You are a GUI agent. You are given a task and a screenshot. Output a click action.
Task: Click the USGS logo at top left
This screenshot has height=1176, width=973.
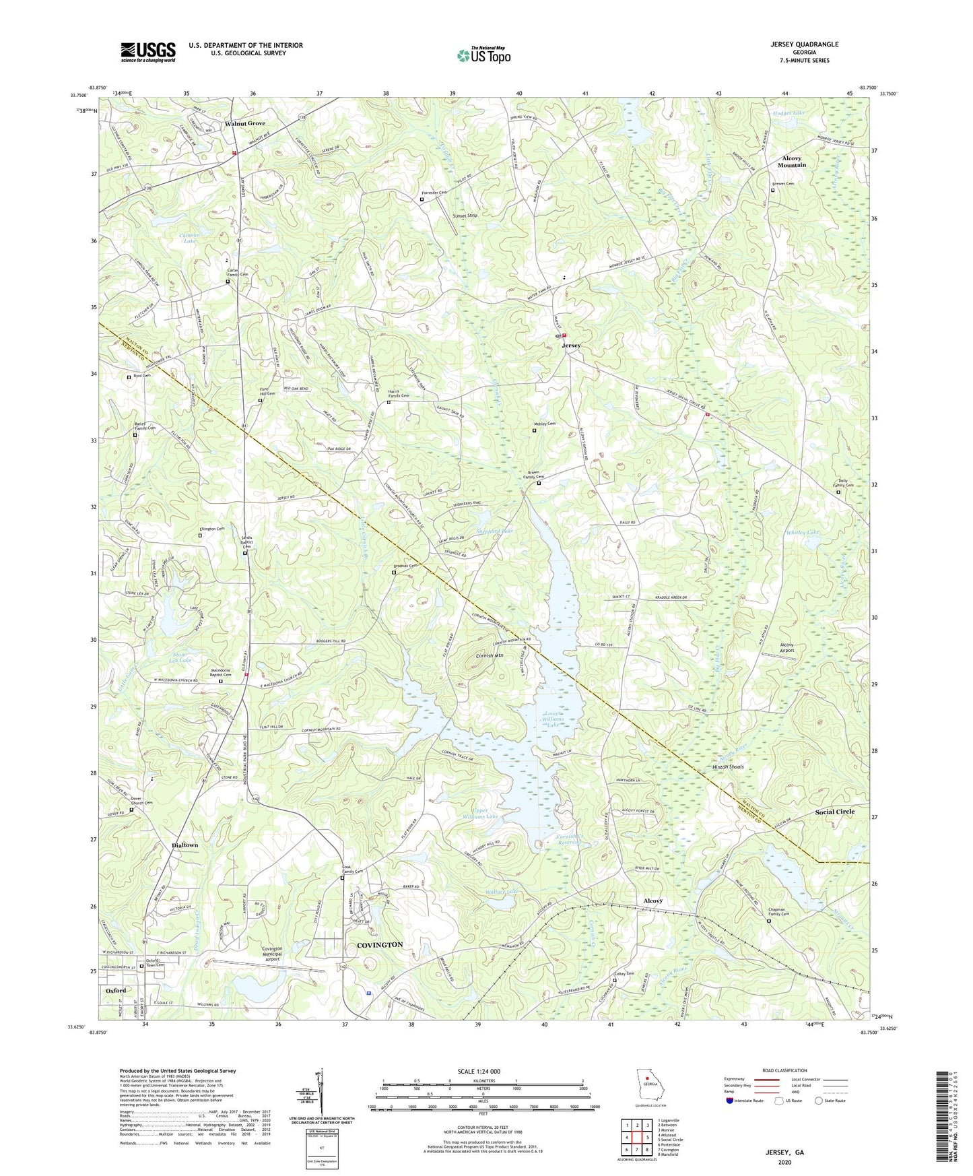[x=148, y=51]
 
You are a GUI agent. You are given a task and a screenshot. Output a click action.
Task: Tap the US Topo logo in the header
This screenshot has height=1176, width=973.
[x=483, y=55]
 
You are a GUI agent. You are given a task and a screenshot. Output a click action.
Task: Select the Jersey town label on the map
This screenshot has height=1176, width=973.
[x=571, y=346]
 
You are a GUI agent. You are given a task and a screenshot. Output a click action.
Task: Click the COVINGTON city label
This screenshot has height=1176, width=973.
[x=380, y=945]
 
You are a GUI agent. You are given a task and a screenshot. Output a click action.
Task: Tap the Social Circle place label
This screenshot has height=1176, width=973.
[x=834, y=812]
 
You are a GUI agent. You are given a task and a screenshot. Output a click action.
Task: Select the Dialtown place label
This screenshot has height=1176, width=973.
[x=185, y=845]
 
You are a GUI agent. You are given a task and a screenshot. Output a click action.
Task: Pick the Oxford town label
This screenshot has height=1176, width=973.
[x=116, y=991]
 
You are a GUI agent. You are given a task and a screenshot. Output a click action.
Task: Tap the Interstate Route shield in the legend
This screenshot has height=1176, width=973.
[x=730, y=1101]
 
